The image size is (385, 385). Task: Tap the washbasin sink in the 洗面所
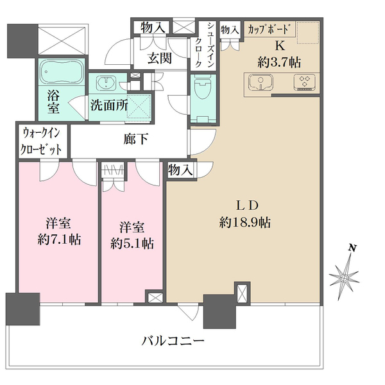[x=107, y=83]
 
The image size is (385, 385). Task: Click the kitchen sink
[x=261, y=83]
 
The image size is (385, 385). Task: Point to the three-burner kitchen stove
[x=304, y=82]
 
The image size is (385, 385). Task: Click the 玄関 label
[x=159, y=58]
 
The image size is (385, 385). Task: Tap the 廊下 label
[x=136, y=139]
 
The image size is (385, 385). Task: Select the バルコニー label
[x=173, y=341]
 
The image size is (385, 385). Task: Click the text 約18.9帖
[x=245, y=223]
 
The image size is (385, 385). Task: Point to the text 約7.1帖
[x=60, y=239]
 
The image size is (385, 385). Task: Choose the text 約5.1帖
[x=132, y=243]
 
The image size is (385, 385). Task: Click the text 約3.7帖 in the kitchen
[x=279, y=62]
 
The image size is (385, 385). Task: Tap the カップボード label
[x=268, y=30]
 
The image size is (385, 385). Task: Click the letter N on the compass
[x=353, y=248]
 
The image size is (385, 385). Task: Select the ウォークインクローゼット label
[x=41, y=141]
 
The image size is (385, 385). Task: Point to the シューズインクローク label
[x=206, y=45]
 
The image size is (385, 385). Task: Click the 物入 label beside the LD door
[x=180, y=170]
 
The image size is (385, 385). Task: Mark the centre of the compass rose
[x=344, y=278]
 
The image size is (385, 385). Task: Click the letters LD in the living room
[x=247, y=205]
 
